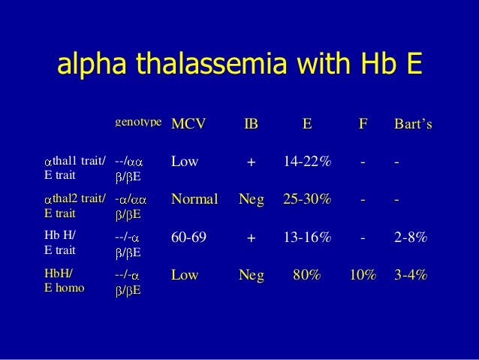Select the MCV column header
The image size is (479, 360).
point(188,123)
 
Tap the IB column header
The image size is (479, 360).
point(251,123)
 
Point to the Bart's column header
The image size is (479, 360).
point(414,123)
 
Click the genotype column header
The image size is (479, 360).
point(138,120)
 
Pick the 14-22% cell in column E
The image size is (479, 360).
point(306,160)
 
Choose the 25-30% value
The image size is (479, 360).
point(306,199)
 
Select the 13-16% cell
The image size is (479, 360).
point(306,237)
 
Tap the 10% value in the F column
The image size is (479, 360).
point(362,276)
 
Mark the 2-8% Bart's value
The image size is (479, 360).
point(411,237)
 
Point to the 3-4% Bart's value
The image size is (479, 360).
point(411,276)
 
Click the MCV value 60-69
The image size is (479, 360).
point(190,237)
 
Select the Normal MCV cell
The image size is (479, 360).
point(194,199)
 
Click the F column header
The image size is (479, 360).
point(362,123)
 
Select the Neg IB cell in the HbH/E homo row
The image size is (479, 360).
point(251,276)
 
